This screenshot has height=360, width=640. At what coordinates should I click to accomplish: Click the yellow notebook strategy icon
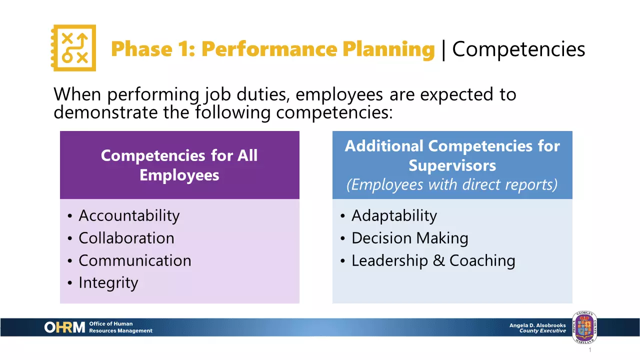pos(73,48)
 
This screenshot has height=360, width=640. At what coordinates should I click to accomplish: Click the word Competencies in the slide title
pos(518,49)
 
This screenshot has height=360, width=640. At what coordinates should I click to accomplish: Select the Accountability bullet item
pos(129,215)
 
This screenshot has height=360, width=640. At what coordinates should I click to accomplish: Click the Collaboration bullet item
pos(126,238)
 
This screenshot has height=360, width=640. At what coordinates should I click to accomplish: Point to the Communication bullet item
pos(134,260)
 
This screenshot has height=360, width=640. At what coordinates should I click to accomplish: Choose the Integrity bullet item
pos(108,283)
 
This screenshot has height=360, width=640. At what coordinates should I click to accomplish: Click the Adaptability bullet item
pos(394,215)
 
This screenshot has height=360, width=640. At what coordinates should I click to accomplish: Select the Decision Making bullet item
pos(409,238)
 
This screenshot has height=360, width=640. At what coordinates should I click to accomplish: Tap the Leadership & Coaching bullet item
pos(433,260)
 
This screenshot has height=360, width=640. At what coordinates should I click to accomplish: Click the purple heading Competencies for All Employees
pos(179,165)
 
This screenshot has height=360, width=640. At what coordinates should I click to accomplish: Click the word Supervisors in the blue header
pos(452,165)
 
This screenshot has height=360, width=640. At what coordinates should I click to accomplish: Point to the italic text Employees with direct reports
pos(452,184)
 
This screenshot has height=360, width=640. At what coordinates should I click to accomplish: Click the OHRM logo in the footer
pos(64,327)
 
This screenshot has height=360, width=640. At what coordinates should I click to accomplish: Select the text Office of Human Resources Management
pos(120,327)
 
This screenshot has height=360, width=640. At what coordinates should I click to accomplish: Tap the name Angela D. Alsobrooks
pos(537,325)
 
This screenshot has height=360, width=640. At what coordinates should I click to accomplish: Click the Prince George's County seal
pos(584,327)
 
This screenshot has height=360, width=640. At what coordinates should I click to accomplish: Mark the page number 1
pos(590,351)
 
